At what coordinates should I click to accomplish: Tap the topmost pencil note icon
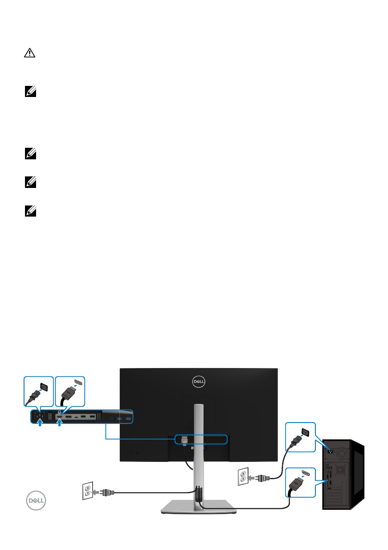click(x=27, y=93)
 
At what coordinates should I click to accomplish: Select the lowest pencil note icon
click(x=27, y=213)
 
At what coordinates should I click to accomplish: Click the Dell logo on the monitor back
click(x=198, y=382)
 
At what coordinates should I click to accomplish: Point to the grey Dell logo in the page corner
click(x=37, y=502)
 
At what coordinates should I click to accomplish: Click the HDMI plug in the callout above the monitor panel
click(x=69, y=392)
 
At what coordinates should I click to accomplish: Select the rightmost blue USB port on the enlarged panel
click(x=129, y=418)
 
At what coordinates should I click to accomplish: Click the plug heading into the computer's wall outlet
click(x=261, y=477)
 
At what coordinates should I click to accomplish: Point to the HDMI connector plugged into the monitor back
click(x=185, y=442)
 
